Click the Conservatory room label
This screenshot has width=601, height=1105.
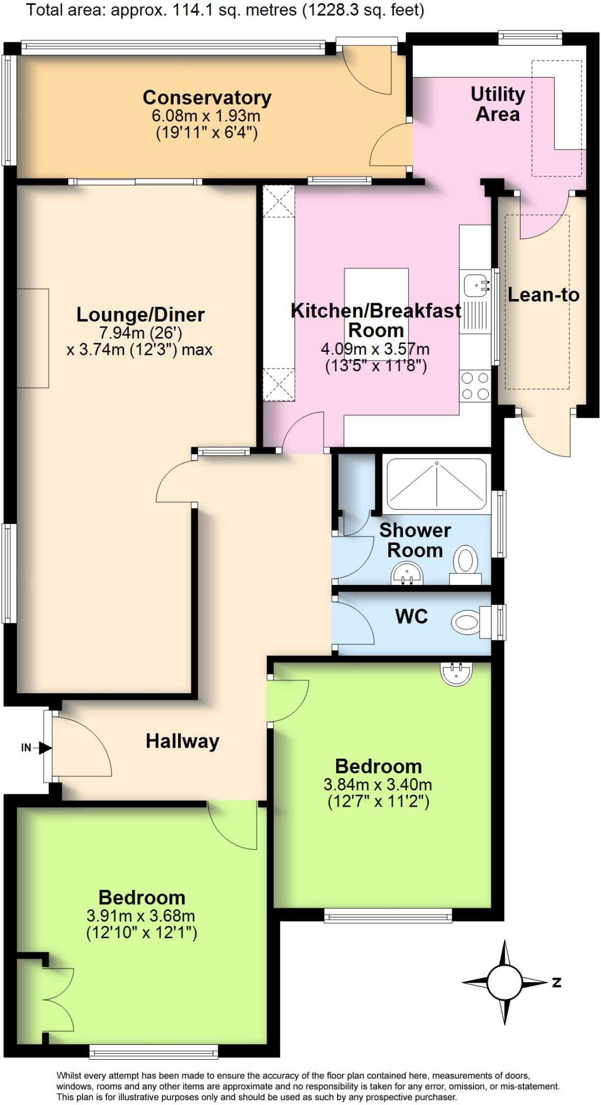[207, 98]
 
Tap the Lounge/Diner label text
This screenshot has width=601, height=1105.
[140, 315]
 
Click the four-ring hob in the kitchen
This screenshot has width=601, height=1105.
[475, 386]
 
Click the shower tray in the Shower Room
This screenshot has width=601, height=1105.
[436, 485]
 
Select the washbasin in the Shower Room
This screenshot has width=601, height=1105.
[407, 574]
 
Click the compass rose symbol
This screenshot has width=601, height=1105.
[504, 983]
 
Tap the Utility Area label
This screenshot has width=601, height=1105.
[497, 104]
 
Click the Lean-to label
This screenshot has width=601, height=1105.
[543, 295]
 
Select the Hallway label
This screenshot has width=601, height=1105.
[182, 741]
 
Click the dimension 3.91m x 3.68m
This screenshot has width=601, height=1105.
[141, 916]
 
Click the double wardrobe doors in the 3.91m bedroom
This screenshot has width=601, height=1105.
[57, 1000]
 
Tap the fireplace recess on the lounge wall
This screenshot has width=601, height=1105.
[33, 338]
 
